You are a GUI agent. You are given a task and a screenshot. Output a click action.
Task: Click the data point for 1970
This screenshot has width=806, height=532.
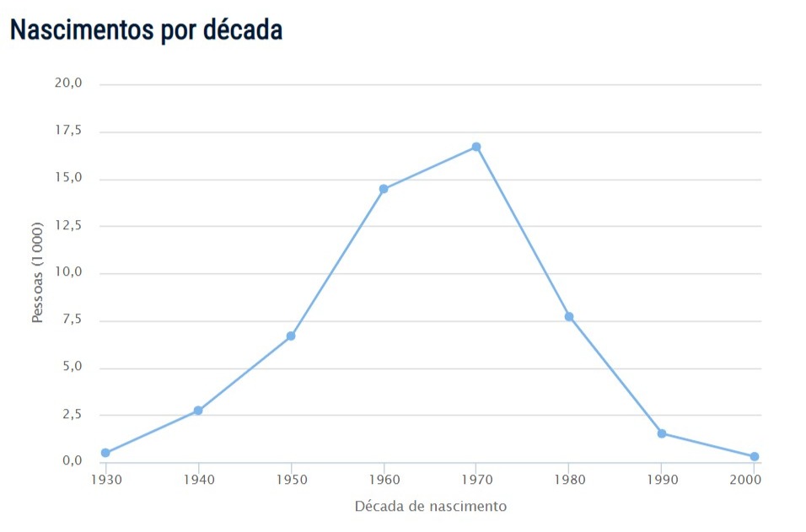click(476, 147)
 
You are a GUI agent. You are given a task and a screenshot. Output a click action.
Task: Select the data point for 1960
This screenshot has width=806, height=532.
click(384, 189)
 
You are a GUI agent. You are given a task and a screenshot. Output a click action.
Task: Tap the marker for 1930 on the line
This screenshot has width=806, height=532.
click(105, 453)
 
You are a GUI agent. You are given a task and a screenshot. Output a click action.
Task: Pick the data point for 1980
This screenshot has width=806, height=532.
click(569, 317)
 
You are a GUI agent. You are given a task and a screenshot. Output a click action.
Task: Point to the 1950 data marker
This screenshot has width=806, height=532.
click(291, 336)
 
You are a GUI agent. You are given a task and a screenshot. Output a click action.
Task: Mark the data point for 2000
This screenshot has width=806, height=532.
click(755, 457)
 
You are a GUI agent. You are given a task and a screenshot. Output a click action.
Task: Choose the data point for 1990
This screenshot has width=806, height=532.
click(662, 433)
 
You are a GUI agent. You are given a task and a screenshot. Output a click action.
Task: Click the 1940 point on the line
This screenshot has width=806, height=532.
click(198, 411)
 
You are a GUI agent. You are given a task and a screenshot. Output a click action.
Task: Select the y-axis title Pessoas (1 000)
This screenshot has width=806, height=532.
click(37, 273)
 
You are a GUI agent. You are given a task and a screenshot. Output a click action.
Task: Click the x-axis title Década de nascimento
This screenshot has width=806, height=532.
click(431, 507)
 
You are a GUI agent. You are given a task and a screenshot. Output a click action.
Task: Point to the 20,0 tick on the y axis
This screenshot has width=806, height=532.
click(67, 83)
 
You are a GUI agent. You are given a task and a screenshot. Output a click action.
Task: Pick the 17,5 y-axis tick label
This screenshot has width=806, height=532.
click(67, 131)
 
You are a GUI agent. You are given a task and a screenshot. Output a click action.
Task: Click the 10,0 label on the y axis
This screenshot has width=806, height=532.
click(67, 272)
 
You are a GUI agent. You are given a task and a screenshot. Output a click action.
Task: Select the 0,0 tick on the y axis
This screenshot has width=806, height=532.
click(70, 461)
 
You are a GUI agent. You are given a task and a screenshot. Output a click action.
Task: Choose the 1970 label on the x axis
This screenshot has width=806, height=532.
click(476, 479)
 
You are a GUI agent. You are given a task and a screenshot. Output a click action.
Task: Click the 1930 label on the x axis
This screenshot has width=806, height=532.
click(105, 479)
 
